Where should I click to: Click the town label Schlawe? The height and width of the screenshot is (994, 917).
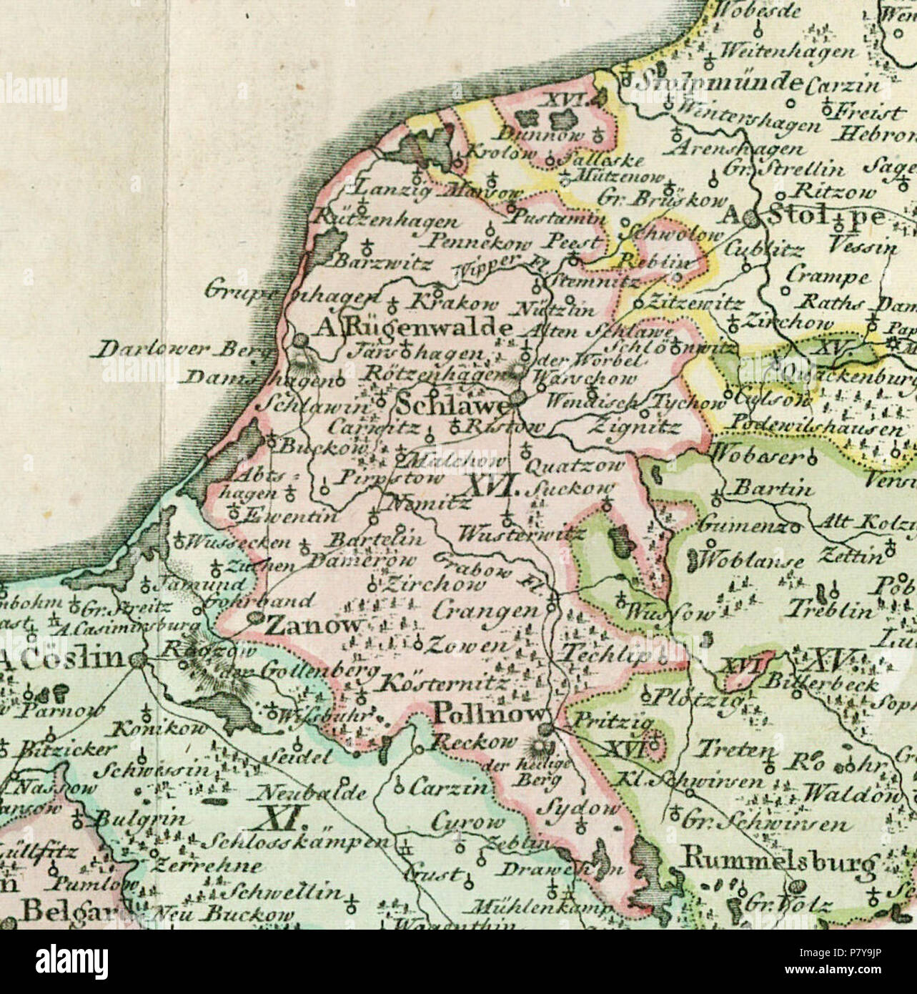(x=451, y=405)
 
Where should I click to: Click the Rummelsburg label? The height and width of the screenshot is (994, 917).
(x=779, y=862)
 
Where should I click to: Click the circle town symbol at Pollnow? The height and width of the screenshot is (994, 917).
(x=547, y=729)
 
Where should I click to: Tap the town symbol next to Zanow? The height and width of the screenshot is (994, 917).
(x=255, y=620)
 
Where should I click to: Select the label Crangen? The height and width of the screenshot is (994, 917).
(x=485, y=611)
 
